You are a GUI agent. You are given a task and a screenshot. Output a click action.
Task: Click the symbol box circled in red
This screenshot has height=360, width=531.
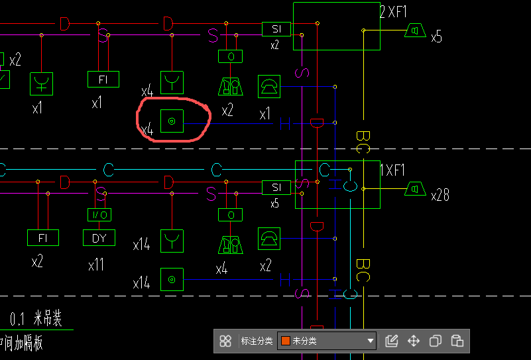point(172,121)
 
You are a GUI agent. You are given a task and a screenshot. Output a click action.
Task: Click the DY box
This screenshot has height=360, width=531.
point(99,238)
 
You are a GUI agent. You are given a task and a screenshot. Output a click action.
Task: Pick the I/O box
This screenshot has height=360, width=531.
point(99,215)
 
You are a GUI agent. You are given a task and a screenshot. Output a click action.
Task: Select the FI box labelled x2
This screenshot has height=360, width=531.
point(43,237)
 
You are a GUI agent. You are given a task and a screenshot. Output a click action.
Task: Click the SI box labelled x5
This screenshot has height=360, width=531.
point(276,188)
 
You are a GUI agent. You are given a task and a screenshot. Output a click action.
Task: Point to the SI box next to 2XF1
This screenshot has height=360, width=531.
point(276,29)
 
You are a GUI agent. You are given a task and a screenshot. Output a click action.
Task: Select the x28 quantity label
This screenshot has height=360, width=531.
point(440,196)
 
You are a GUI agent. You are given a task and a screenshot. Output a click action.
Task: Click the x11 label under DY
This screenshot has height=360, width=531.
point(96,265)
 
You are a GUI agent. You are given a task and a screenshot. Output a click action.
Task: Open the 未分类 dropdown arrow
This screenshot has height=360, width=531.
point(371,341)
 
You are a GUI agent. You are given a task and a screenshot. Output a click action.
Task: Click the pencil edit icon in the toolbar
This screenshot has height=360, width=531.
point(391,341)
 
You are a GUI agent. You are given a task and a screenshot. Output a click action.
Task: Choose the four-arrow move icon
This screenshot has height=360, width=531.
point(414,341)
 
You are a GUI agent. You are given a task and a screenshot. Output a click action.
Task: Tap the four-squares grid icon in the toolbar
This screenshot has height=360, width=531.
point(225,341)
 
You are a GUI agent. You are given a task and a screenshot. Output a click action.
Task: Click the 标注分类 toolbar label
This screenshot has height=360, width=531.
point(257,341)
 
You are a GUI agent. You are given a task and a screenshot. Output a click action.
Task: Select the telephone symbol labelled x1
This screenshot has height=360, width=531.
point(269,86)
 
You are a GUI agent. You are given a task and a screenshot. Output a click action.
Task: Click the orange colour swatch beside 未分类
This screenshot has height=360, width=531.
point(285,341)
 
